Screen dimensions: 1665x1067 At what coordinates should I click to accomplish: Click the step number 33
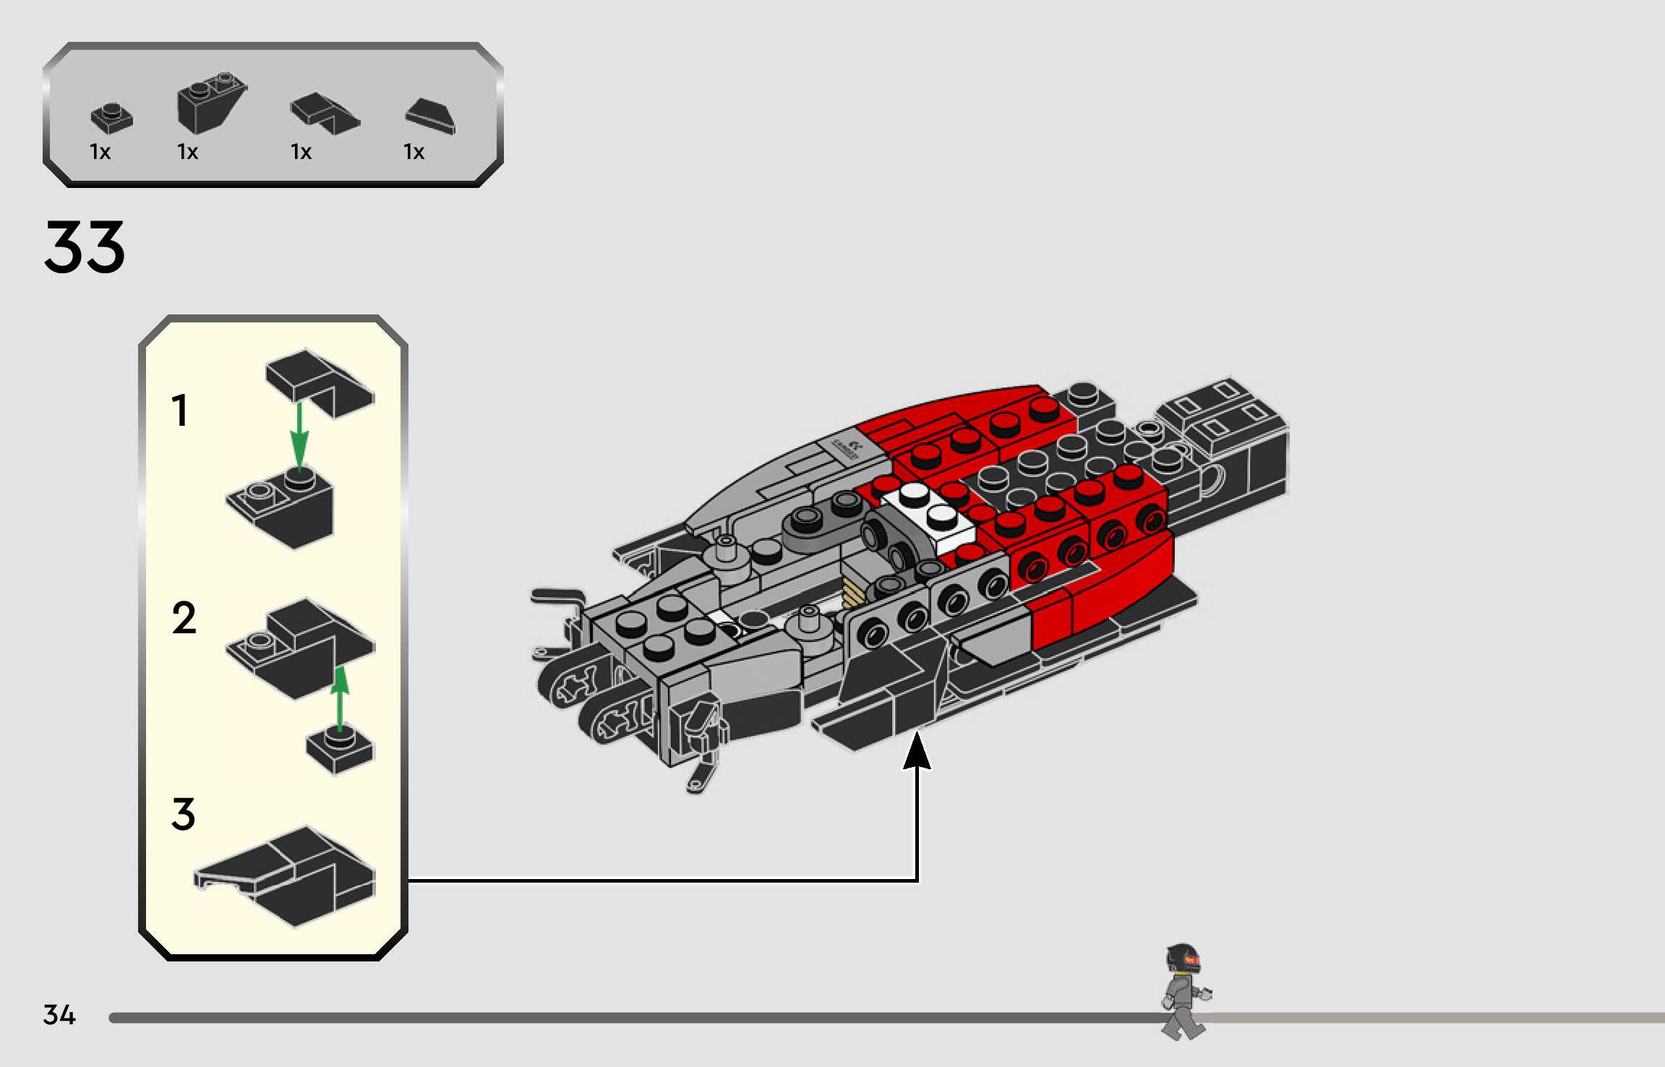click(x=85, y=247)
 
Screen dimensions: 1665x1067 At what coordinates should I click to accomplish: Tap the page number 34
click(x=59, y=1014)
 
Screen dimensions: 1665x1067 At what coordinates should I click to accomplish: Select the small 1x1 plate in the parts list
click(x=111, y=118)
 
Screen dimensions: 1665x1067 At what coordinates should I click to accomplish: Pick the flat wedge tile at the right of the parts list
click(x=431, y=116)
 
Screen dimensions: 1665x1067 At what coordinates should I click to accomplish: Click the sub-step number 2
click(x=184, y=618)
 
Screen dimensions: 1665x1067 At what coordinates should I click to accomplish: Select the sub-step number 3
click(x=184, y=814)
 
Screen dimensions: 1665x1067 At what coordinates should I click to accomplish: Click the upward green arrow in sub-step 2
click(x=340, y=698)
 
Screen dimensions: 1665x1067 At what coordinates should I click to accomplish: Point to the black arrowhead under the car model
click(x=917, y=752)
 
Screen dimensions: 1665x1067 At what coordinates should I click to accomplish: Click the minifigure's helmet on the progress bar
click(x=1183, y=959)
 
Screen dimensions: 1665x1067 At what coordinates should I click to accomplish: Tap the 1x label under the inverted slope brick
click(x=187, y=152)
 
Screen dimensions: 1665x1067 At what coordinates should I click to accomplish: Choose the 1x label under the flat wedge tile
click(x=414, y=152)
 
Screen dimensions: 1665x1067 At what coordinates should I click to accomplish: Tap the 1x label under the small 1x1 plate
click(x=100, y=152)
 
